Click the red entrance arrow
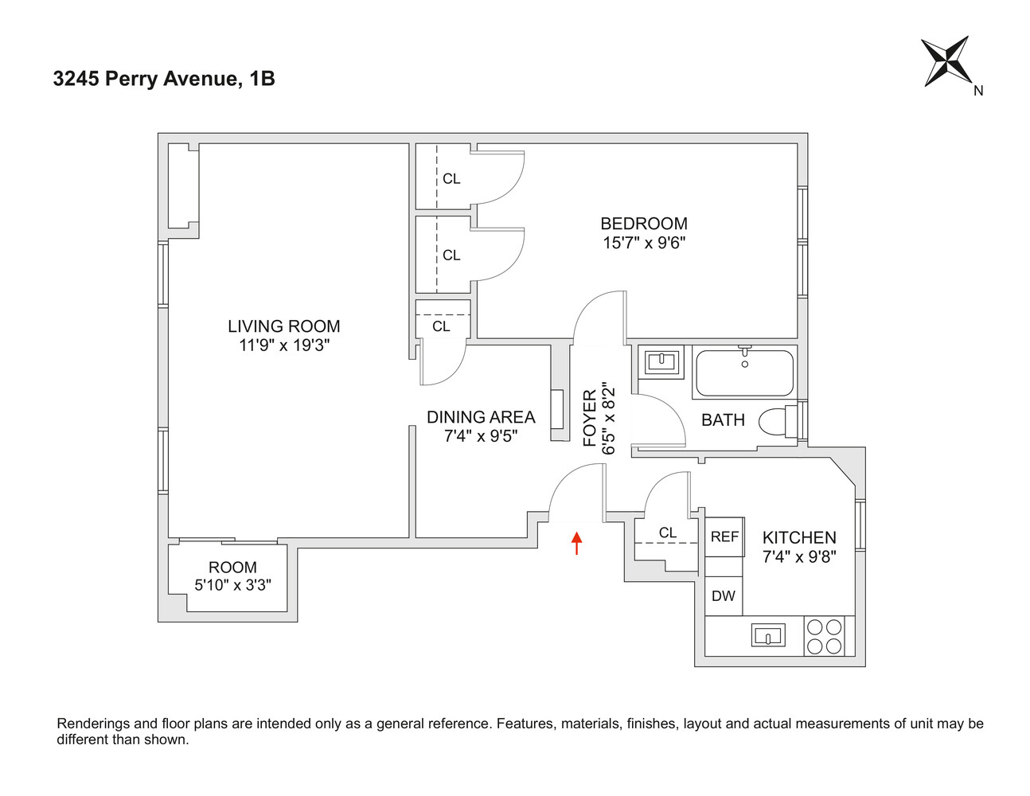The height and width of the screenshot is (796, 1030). click(x=577, y=543)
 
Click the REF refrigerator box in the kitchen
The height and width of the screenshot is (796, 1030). click(x=724, y=537)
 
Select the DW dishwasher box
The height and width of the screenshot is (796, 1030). click(x=724, y=595)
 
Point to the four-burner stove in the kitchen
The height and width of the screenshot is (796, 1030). click(x=825, y=636)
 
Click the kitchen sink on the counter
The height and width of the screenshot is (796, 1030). click(x=768, y=635)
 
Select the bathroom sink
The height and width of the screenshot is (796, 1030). click(x=661, y=362)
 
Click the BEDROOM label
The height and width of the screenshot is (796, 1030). click(x=644, y=224)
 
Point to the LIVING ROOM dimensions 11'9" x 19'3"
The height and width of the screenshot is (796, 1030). click(x=284, y=345)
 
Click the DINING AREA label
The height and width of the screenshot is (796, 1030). click(x=481, y=417)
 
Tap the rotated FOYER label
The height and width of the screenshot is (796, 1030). click(x=590, y=418)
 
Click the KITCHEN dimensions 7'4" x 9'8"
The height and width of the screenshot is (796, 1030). click(x=799, y=557)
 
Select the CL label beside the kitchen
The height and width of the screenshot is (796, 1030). click(x=668, y=533)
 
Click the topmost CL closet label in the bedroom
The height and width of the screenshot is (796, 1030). click(x=451, y=179)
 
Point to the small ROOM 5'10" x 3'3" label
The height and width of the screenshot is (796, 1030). click(x=233, y=576)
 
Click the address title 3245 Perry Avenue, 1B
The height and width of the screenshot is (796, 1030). click(x=164, y=79)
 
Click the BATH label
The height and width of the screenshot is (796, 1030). click(x=723, y=419)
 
